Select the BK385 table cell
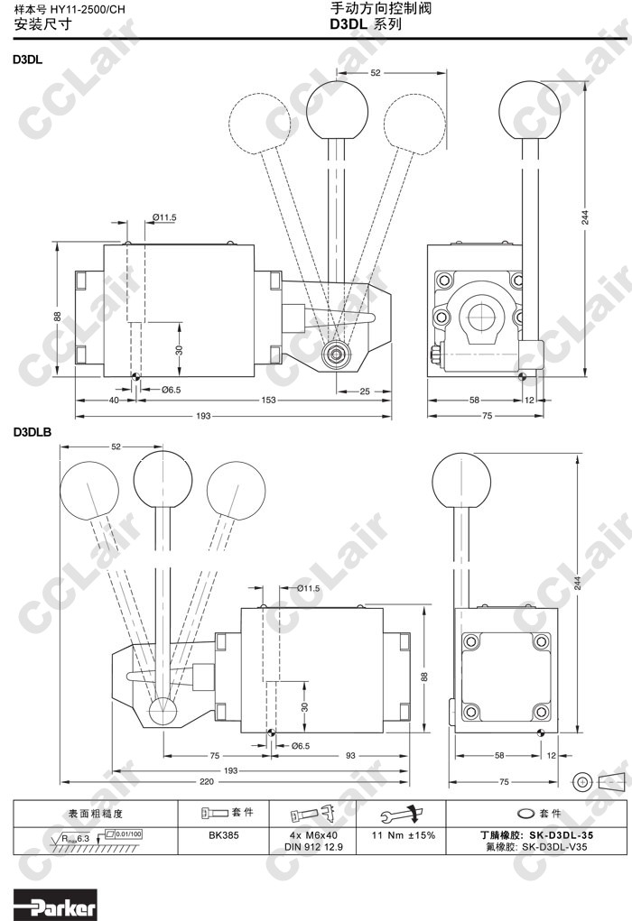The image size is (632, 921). coord(223,835)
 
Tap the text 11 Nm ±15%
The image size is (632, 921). coord(404,835)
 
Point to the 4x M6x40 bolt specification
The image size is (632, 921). coord(314,835)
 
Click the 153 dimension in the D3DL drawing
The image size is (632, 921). coord(269,400)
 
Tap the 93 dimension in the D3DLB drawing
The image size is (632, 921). coord(350,755)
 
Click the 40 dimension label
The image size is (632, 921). coord(114,400)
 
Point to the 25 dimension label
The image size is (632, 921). coord(365,391)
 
